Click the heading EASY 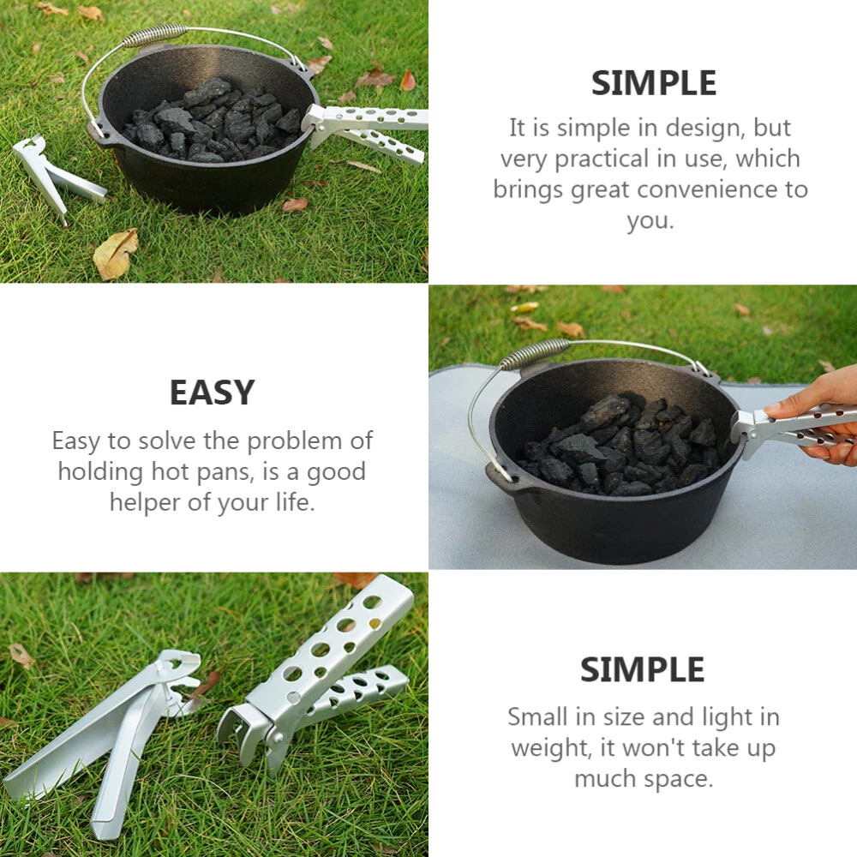[x=212, y=393]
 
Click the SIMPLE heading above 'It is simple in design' [x=654, y=83]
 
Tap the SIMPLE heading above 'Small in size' [x=642, y=669]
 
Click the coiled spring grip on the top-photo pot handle [x=154, y=35]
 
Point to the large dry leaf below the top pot [x=117, y=253]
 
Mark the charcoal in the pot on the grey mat [x=620, y=446]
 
